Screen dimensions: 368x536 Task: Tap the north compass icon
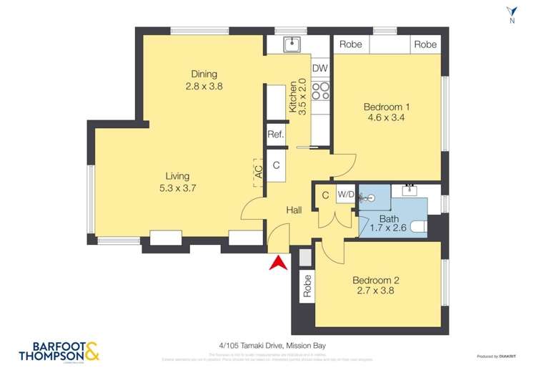pos(511,15)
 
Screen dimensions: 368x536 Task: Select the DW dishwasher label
pos(320,69)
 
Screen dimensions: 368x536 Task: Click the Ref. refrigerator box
pos(276,135)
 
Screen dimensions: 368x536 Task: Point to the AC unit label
pos(258,170)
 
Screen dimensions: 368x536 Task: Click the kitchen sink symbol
pos(292,45)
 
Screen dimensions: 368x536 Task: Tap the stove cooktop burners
pos(321,91)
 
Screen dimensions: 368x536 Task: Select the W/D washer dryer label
pos(346,194)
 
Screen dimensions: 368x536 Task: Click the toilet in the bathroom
pos(417,228)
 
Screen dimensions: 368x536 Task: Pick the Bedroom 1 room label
pos(388,107)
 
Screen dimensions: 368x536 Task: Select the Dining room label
pos(204,74)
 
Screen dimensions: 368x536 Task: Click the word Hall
pos(294,210)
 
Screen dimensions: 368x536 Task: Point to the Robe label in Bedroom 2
pos(308,286)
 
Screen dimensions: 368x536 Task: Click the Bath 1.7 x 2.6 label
pos(389,223)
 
